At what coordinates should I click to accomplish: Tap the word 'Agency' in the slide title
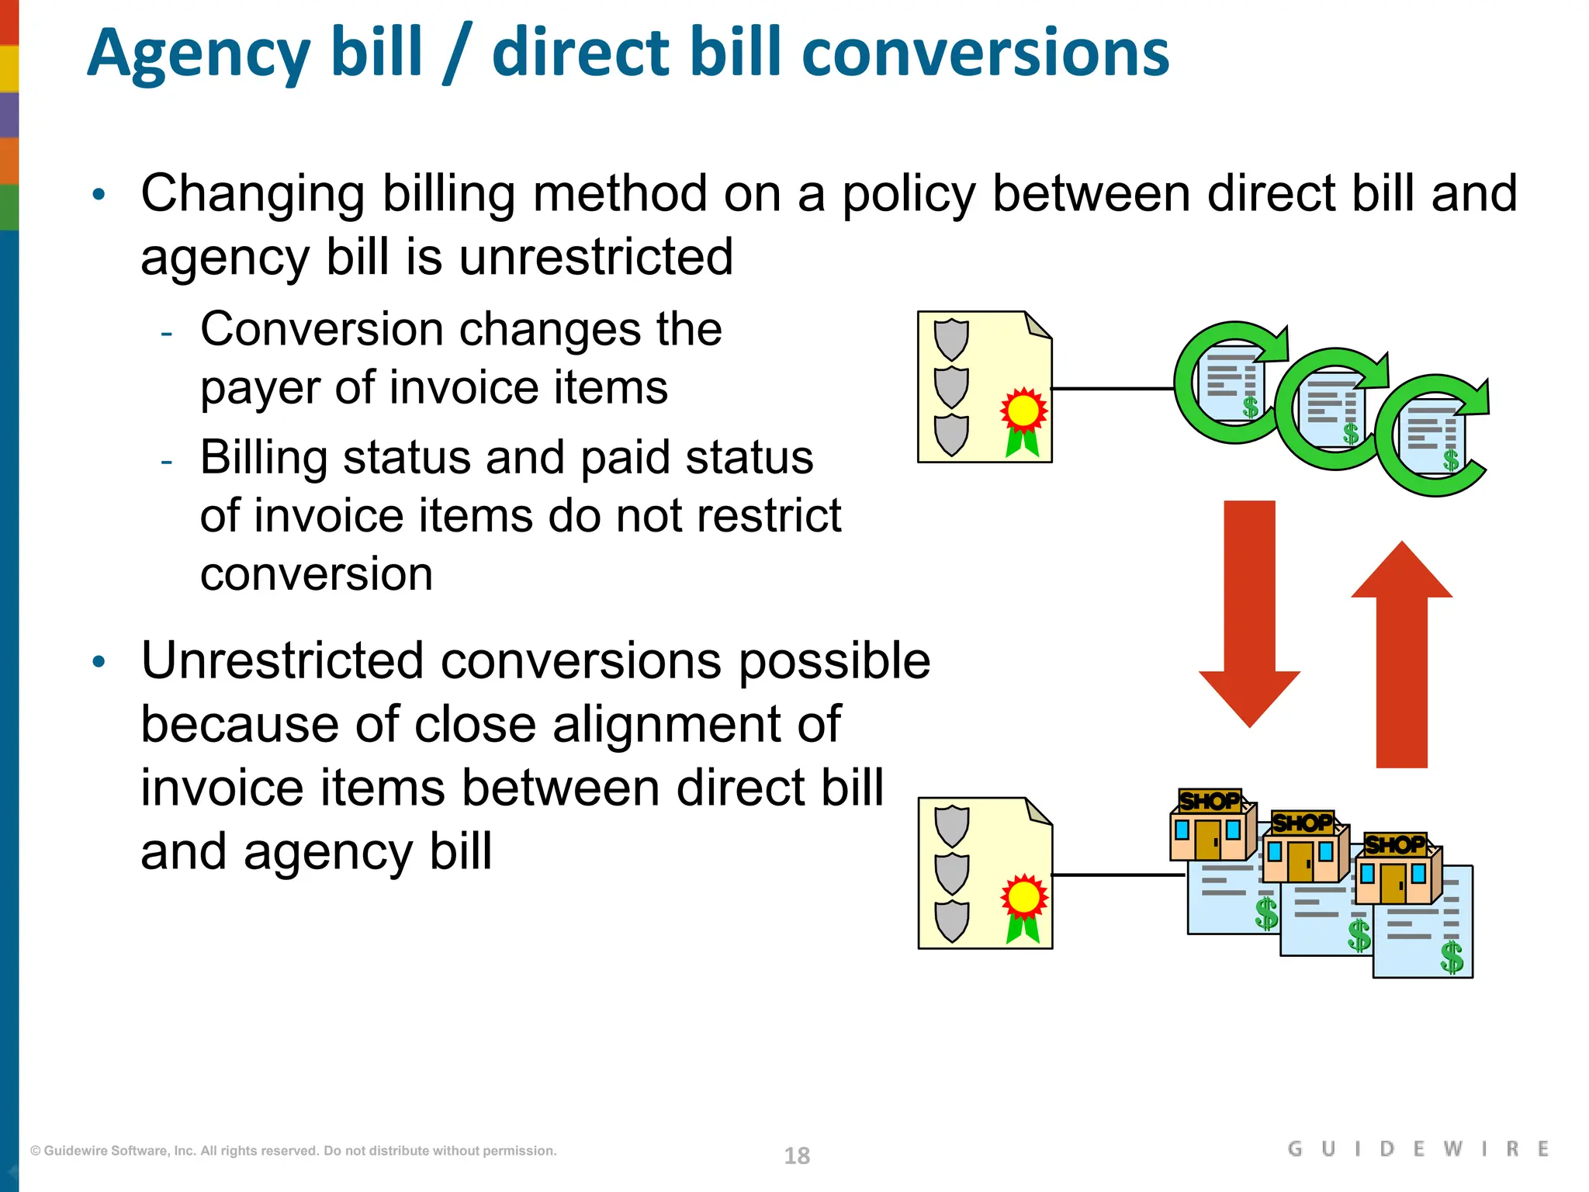[199, 54]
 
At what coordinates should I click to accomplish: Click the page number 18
[797, 1156]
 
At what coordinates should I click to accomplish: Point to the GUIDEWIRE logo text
[1418, 1149]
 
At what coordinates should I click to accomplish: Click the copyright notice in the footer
[293, 1151]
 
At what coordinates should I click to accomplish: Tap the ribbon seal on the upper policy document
[1023, 419]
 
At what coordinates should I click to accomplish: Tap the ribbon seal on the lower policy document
[1023, 906]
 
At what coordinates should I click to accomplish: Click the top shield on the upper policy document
[951, 339]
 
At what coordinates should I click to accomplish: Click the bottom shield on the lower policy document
[951, 921]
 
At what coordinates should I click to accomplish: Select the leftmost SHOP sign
[1209, 801]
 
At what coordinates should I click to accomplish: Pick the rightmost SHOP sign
[1395, 844]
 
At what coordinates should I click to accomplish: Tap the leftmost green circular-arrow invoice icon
[1231, 383]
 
